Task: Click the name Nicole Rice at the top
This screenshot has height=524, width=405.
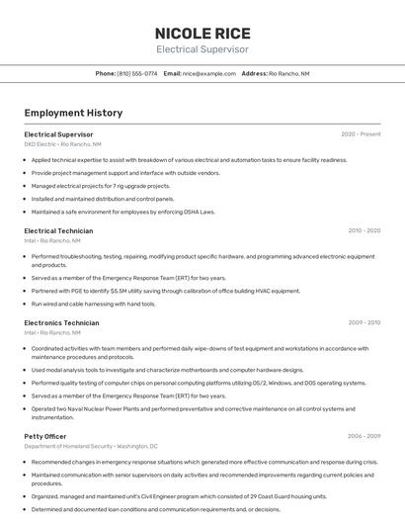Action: pos(202,33)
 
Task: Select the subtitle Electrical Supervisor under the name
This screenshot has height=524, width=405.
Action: pos(202,49)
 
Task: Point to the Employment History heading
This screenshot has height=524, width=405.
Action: pos(73,113)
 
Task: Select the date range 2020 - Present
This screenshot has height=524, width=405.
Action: pos(361,133)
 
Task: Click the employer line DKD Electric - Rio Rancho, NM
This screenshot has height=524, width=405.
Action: pos(62,143)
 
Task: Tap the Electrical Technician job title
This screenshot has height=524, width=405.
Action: pos(58,230)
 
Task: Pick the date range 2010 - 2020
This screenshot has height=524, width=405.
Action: pos(364,230)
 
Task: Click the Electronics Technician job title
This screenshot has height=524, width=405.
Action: pos(61,322)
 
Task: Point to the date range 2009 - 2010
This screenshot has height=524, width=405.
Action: pos(364,322)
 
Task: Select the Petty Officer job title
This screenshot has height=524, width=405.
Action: pos(45,435)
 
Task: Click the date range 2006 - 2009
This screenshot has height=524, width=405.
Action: pos(364,435)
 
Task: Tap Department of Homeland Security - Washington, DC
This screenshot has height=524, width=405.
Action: pos(91,446)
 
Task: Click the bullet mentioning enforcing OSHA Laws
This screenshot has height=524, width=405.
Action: pos(122,211)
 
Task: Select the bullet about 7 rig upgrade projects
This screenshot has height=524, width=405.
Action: pos(100,185)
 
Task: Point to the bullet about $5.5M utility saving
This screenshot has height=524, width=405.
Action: pos(165,291)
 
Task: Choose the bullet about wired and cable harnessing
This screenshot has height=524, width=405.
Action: pos(93,304)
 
